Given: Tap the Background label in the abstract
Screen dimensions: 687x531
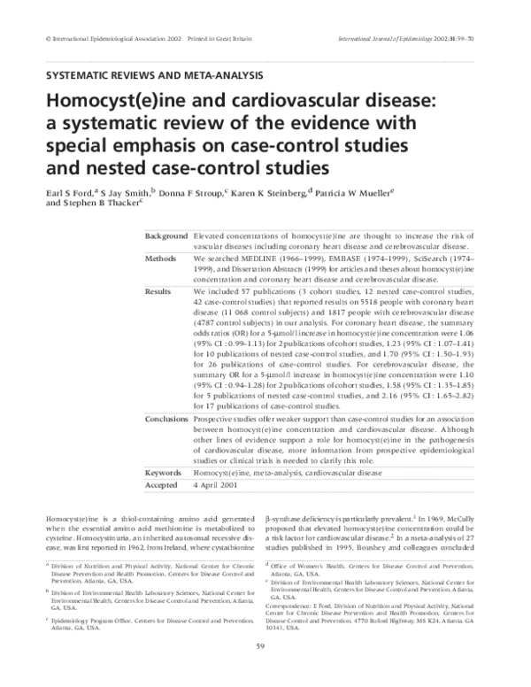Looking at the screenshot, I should click(166, 237).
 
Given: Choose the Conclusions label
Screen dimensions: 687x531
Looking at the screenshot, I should click(166, 419).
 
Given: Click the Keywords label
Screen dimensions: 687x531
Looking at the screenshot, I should click(163, 474).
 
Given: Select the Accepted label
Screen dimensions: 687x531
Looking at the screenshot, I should click(163, 486).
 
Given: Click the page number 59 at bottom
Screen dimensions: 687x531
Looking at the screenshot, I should click(265, 671).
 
